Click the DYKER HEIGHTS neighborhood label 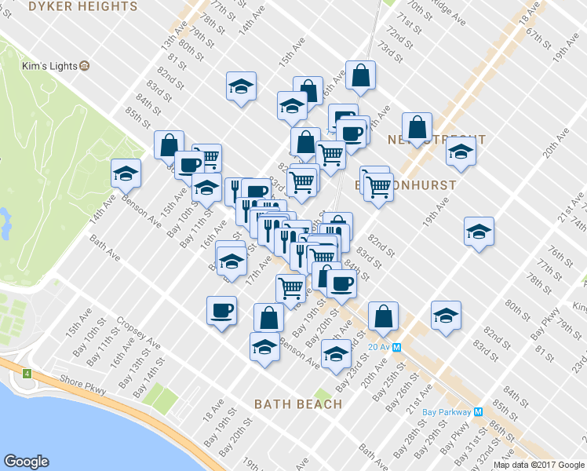coord(82,6)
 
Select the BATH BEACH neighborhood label coord(298,404)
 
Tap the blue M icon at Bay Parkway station coord(478,411)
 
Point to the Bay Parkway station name coord(446,411)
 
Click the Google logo coord(26,462)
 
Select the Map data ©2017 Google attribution coord(539,465)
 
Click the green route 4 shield coord(27,372)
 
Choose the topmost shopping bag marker coord(360,76)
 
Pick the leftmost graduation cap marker coord(125,174)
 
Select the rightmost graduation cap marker coord(478,232)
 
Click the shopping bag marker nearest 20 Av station coord(384,316)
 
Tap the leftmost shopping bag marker coord(169,145)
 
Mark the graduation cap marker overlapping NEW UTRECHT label coord(461,151)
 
